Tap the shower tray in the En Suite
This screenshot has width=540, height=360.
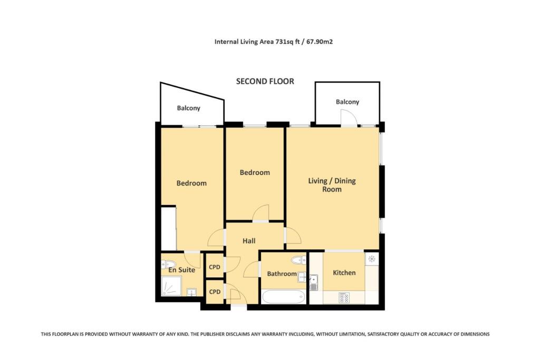pos(171,286)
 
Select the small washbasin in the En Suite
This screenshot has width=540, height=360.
pos(191,291)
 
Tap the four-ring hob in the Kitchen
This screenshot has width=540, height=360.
pos(344,298)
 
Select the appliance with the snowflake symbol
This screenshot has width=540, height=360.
pos(371,259)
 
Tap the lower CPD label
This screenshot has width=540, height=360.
pos(215,291)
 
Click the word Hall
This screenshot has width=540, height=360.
pos(249,241)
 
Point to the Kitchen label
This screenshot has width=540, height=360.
pos(344,273)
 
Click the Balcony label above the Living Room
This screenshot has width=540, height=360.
pos(347,102)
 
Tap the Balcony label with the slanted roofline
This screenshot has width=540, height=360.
pos(188,108)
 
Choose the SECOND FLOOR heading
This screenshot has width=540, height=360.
pos(265,81)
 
